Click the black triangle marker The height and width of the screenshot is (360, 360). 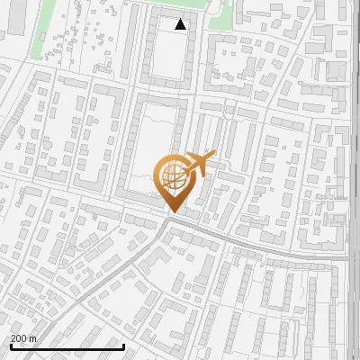181,24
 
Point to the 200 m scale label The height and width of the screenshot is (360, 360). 23,338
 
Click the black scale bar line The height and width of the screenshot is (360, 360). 67,346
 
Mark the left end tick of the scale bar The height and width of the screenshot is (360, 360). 10,346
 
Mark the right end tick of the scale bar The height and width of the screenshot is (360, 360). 123,346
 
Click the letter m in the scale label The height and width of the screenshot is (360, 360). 32,338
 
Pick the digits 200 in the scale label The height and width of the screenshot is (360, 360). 19,338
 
